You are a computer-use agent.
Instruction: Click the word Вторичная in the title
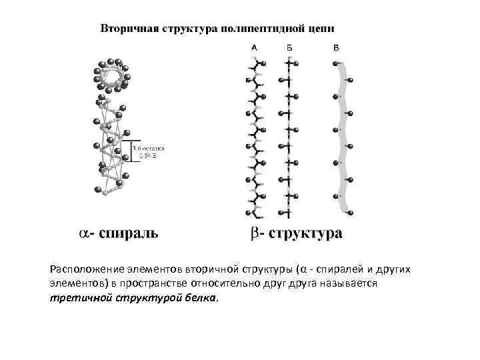click(x=126, y=29)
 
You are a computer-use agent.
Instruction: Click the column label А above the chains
click(x=254, y=48)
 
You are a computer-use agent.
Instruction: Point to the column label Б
click(x=289, y=48)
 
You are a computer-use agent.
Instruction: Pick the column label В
click(x=335, y=48)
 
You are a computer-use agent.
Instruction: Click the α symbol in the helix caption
click(x=83, y=233)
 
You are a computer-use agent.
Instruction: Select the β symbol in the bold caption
click(x=255, y=234)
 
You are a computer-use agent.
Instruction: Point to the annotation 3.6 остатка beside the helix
click(x=148, y=148)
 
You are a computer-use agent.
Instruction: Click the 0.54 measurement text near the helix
click(x=147, y=156)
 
